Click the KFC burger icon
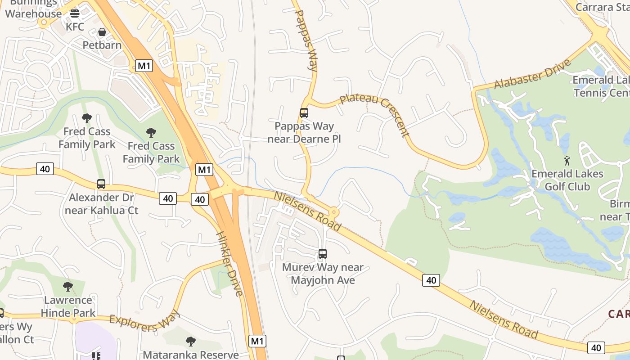(x=75, y=13)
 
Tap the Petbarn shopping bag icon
(x=102, y=32)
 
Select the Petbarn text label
(x=102, y=45)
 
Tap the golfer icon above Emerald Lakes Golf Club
(x=567, y=160)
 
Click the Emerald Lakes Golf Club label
(x=567, y=180)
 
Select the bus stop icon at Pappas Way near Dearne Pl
(x=304, y=113)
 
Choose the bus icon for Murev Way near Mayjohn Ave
(x=323, y=254)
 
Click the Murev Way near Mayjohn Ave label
(x=323, y=274)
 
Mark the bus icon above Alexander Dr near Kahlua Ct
(x=101, y=184)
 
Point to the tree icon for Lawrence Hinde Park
(x=68, y=287)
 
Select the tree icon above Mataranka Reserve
(x=191, y=342)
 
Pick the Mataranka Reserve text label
(x=191, y=355)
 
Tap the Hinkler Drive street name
(x=229, y=264)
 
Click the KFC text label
(x=75, y=27)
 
